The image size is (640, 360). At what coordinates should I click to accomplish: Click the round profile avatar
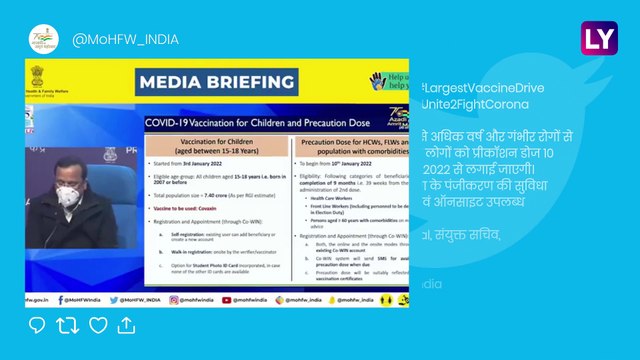pos(41,39)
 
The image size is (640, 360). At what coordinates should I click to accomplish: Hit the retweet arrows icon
pos(67,325)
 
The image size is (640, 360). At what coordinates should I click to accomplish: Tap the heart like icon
pos(98,325)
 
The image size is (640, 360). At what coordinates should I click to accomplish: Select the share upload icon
pos(127,325)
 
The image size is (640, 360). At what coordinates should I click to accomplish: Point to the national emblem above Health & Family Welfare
pos(36,73)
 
